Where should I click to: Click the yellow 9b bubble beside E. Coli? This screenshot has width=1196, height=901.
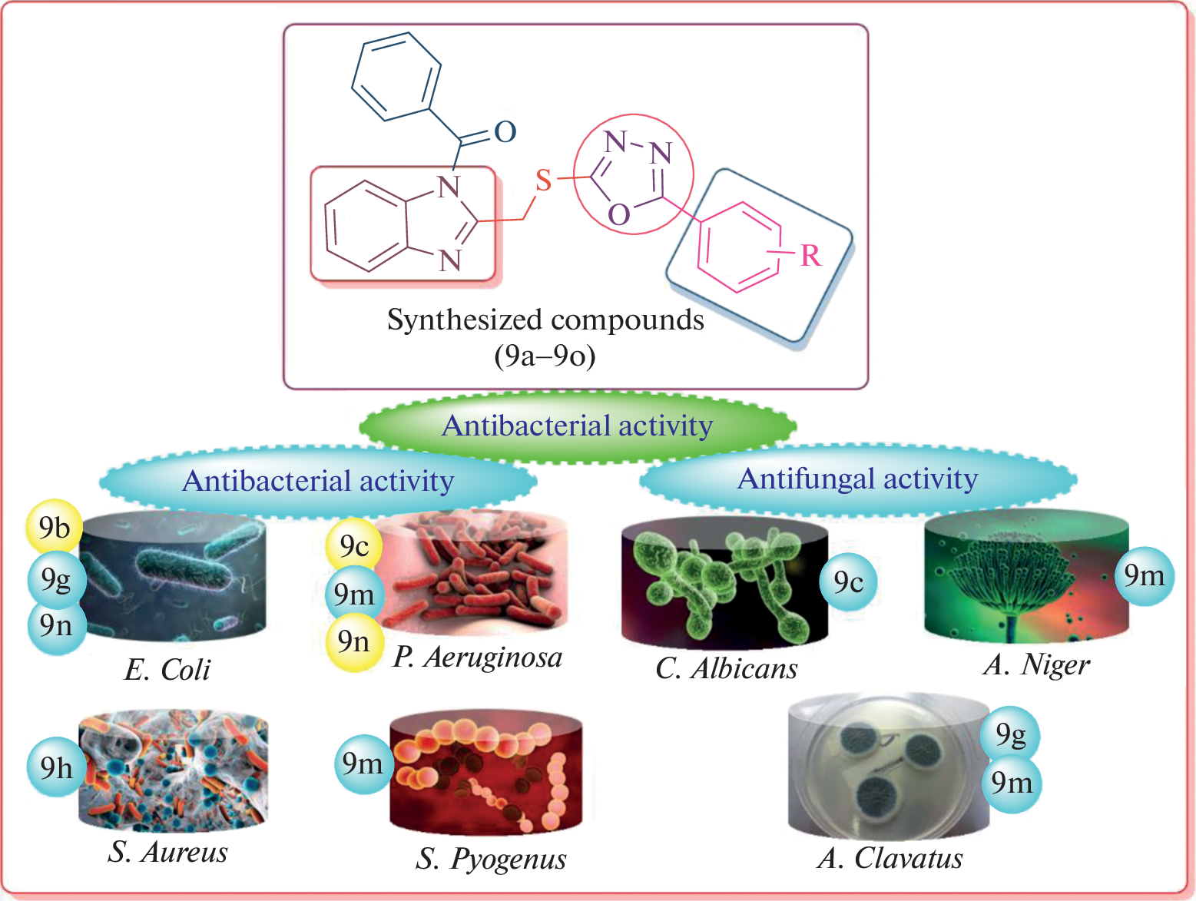tap(54, 528)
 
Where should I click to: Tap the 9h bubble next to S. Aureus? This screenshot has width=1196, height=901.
tap(56, 767)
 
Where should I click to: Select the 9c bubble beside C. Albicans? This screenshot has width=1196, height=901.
tap(848, 582)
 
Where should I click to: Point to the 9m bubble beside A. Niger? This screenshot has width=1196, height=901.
tap(1144, 575)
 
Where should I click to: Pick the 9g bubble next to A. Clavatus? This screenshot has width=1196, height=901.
tap(1010, 735)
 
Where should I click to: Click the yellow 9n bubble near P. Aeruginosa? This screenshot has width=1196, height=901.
tap(354, 641)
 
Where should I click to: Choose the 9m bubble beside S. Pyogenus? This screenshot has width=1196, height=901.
tap(363, 764)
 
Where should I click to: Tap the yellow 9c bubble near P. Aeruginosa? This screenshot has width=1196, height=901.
tap(354, 546)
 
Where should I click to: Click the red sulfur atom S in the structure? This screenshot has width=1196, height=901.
tap(543, 181)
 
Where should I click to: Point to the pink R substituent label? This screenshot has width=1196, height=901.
tap(810, 256)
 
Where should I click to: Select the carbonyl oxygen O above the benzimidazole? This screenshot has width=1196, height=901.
tap(505, 132)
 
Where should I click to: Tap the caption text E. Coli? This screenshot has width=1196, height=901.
tap(167, 670)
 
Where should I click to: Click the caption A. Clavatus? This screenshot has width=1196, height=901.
tap(890, 858)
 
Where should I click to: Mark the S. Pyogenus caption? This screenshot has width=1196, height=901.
tap(491, 859)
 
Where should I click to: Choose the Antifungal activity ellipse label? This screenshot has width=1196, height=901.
tap(857, 479)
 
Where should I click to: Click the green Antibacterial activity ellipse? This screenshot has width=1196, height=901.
tap(578, 426)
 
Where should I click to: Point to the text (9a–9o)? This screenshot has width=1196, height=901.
tap(545, 356)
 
